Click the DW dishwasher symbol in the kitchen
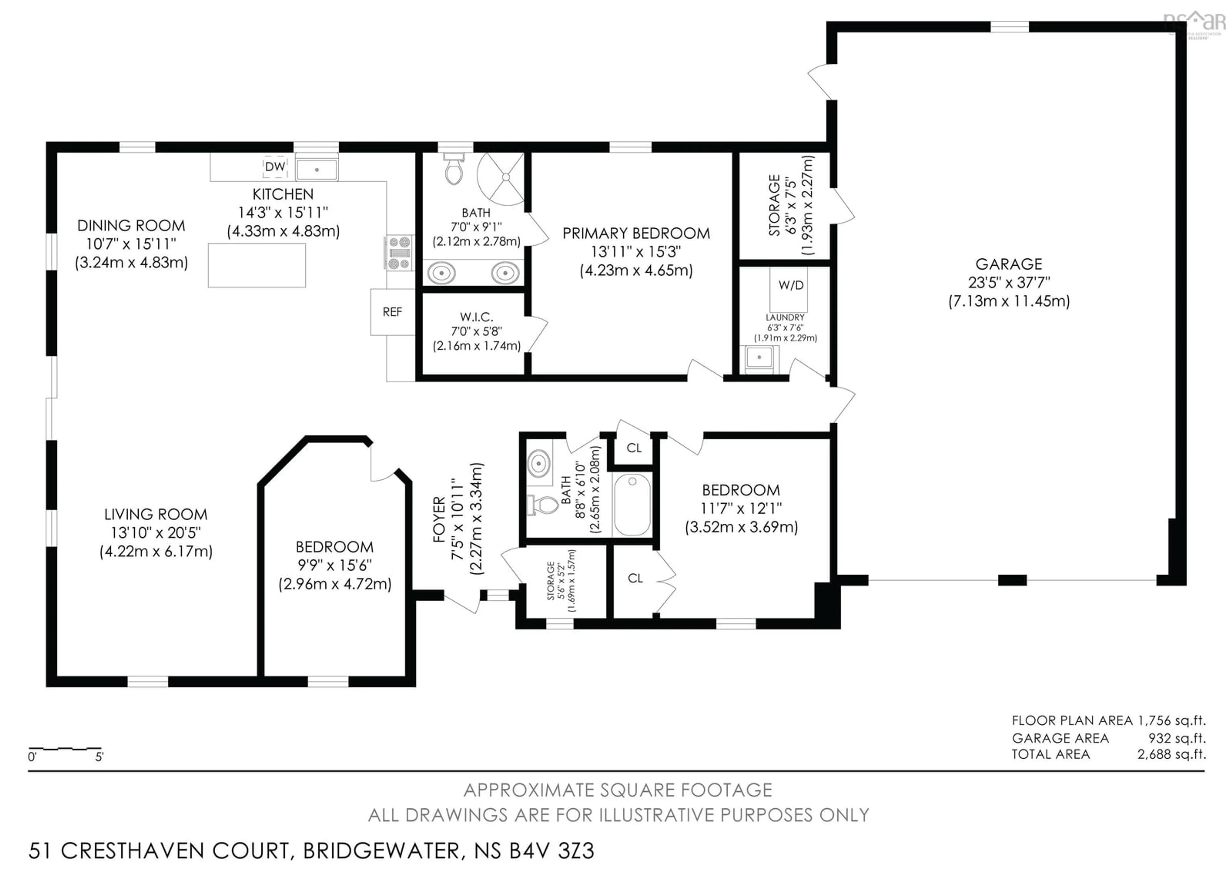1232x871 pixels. (x=275, y=167)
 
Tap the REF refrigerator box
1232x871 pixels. (x=392, y=312)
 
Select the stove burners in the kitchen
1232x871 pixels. (x=399, y=253)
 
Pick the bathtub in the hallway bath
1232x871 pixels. (x=632, y=504)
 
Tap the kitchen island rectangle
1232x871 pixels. (x=257, y=265)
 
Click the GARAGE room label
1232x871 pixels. (x=1009, y=264)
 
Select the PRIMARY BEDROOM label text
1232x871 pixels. (x=636, y=233)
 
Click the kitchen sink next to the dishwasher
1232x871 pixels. (x=317, y=169)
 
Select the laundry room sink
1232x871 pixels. (x=759, y=357)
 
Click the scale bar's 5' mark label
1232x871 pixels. (x=99, y=757)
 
